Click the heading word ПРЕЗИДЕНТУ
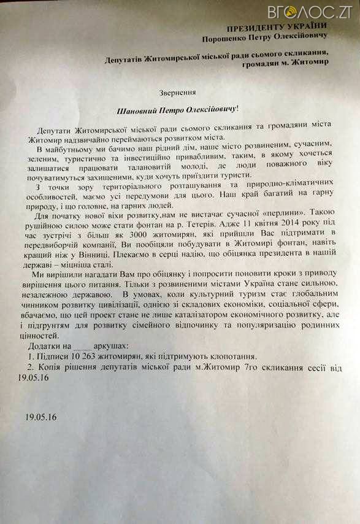[x=251, y=28]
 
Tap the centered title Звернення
[x=179, y=92]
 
